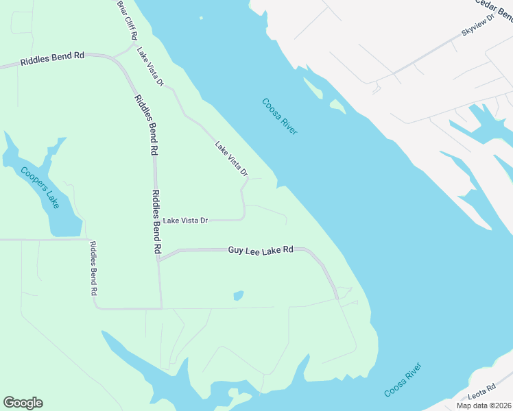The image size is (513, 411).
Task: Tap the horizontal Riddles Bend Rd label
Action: click(x=52, y=59)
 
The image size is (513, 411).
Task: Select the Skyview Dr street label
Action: click(x=478, y=23)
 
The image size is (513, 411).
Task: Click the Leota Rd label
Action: click(x=481, y=392)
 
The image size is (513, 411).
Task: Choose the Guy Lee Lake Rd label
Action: click(x=261, y=251)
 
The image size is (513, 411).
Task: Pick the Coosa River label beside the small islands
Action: click(x=280, y=116)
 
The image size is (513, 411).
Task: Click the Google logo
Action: click(x=23, y=402)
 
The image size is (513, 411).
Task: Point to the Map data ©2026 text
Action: click(x=484, y=406)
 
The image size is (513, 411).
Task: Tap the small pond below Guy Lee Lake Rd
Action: click(x=238, y=296)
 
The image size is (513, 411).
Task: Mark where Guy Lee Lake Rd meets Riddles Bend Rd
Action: click(x=158, y=260)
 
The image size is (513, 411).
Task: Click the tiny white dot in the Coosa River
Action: click(x=201, y=18)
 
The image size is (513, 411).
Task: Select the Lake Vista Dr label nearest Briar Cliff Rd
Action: click(x=150, y=67)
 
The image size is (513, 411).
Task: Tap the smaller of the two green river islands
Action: click(x=337, y=105)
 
